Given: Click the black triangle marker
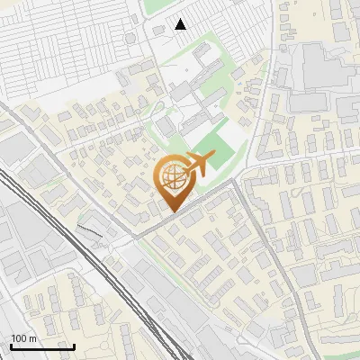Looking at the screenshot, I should (181, 24).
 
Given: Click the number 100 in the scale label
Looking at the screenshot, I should (19, 338).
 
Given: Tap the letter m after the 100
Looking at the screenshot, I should (31, 338).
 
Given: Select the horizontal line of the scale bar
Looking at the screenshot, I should (42, 346).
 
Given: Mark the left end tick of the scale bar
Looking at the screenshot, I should (10, 345).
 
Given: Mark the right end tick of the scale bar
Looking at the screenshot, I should (74, 345).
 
